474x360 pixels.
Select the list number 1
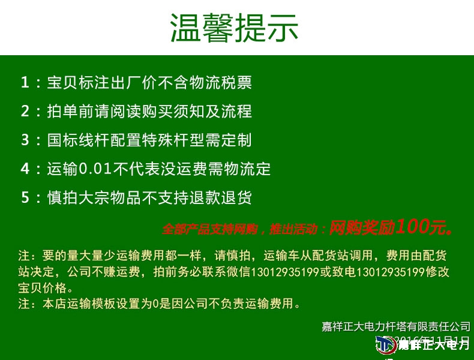pyautogui.click(x=25, y=82)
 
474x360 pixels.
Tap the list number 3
pyautogui.click(x=25, y=140)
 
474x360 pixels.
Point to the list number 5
pyautogui.click(x=25, y=197)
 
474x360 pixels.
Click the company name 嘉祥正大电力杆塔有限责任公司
pyautogui.click(x=396, y=326)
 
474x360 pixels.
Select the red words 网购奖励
pyautogui.click(x=362, y=227)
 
